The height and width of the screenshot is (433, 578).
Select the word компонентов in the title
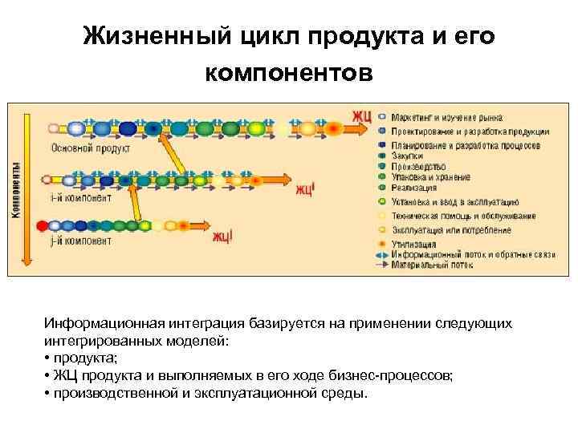pos(289,73)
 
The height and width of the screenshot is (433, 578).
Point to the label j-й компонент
pos(81,240)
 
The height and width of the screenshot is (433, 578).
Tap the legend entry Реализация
pos(413,187)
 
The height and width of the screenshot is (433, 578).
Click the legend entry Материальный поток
pos(429,264)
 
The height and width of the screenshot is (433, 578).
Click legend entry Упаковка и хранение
pos(430,177)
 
